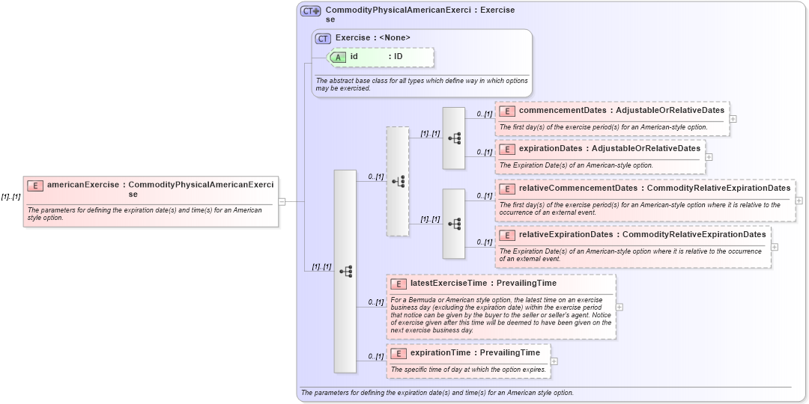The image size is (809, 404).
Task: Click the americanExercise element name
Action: tap(82, 184)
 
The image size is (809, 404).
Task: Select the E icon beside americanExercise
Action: tap(34, 186)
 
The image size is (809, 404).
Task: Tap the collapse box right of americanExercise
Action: tap(282, 201)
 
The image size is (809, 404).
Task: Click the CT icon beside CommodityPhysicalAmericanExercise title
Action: tap(310, 11)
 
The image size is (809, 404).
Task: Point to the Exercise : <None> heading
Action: tap(372, 37)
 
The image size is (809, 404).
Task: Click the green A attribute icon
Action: tap(338, 57)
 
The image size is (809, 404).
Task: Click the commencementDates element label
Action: tap(563, 111)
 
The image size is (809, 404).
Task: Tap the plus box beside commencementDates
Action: tap(733, 118)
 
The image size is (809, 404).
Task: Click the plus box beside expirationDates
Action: tap(709, 157)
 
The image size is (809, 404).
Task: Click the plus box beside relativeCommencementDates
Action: tap(799, 201)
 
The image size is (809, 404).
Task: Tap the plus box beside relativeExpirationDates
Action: tap(774, 247)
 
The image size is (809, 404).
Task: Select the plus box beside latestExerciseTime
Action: tap(619, 307)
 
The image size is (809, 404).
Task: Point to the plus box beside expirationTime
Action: tap(554, 361)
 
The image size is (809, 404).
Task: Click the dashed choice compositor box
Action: tap(398, 181)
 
